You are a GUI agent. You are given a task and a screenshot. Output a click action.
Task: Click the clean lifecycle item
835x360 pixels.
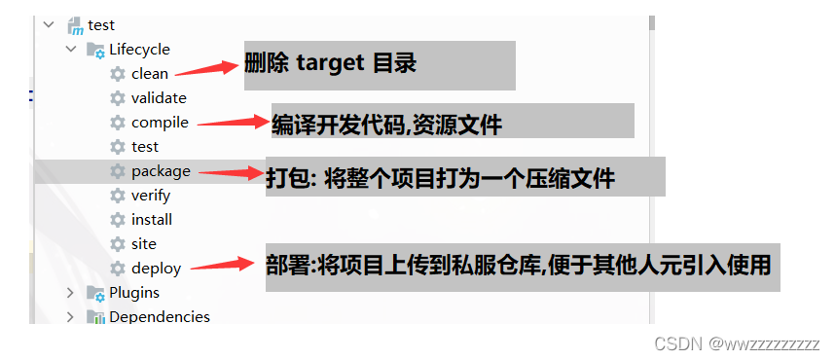pos(149,74)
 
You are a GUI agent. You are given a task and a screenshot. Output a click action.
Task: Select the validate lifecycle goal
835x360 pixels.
pos(159,98)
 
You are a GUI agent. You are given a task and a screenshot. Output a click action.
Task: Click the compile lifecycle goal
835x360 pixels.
pos(160,123)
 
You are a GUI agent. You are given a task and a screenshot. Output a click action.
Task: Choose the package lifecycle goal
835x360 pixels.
pos(161,171)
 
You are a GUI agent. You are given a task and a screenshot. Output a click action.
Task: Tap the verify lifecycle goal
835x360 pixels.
pos(151,196)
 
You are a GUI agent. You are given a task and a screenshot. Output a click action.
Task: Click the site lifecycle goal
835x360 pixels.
pos(143,244)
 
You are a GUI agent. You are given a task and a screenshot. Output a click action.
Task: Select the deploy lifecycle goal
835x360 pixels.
pos(156,269)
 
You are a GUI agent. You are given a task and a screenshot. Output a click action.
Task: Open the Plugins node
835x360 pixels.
pos(133,292)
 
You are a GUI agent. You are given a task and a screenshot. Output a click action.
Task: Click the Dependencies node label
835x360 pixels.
pos(159,316)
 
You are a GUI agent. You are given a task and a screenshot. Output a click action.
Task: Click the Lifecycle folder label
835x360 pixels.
pos(139,50)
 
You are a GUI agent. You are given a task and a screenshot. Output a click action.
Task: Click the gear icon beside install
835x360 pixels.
pos(118,220)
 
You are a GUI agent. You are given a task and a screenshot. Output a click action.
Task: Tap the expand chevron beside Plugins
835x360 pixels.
pos(70,292)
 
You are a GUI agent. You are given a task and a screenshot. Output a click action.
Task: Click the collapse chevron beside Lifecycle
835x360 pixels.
pos(70,50)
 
